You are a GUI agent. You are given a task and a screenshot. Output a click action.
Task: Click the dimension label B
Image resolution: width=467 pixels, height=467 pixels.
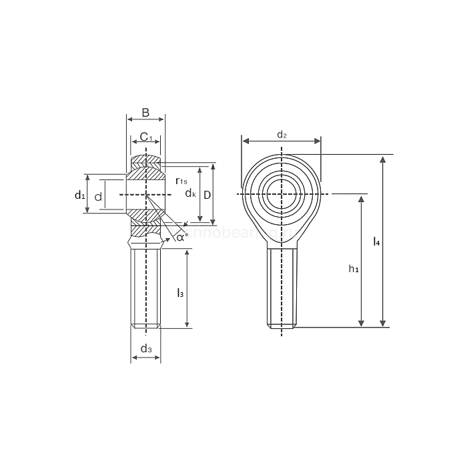pyautogui.click(x=145, y=112)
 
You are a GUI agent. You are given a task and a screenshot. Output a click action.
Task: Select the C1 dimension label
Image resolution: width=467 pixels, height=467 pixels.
pyautogui.click(x=146, y=137)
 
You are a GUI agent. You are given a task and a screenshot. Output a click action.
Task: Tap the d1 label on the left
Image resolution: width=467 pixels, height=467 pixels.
pyautogui.click(x=79, y=195)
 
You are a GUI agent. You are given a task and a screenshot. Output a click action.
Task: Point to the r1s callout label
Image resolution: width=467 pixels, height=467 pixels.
pyautogui.click(x=181, y=181)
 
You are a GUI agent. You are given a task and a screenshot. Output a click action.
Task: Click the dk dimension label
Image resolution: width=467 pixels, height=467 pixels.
pyautogui.click(x=190, y=193)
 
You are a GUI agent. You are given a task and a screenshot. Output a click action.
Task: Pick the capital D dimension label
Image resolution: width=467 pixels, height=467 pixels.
pyautogui.click(x=207, y=194)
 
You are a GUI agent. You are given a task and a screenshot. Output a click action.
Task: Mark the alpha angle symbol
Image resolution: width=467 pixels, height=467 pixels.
pyautogui.click(x=181, y=236)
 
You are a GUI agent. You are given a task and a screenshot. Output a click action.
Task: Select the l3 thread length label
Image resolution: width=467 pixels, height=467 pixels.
pyautogui.click(x=179, y=292)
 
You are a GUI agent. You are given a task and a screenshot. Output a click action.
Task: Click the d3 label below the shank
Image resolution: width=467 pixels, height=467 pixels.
pyautogui.click(x=146, y=349)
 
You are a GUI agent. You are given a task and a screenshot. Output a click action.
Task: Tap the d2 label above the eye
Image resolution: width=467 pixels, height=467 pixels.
pyautogui.click(x=282, y=135)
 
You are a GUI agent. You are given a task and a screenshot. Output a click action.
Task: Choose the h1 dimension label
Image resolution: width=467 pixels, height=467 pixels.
pyautogui.click(x=354, y=269)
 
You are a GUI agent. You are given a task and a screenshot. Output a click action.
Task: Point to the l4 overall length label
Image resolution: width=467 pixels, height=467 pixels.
pyautogui.click(x=376, y=242)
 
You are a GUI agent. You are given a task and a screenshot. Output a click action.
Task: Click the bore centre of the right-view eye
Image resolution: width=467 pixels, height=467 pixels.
pyautogui.click(x=282, y=194)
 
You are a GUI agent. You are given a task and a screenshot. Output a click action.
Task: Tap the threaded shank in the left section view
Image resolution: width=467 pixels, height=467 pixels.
pyautogui.click(x=146, y=287)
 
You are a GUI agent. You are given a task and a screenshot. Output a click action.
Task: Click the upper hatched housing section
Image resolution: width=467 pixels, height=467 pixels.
pyautogui.click(x=146, y=161)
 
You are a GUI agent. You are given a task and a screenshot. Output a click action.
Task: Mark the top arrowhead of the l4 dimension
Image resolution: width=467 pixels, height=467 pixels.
pyautogui.click(x=383, y=159)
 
